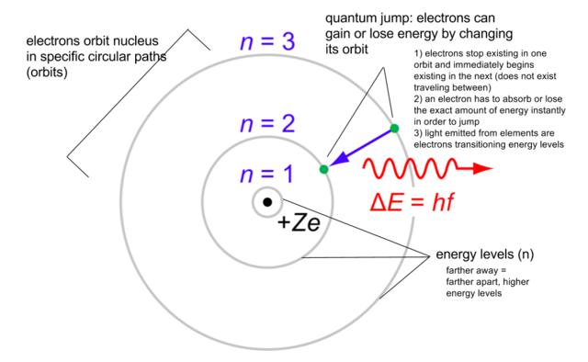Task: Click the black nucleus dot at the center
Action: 266,202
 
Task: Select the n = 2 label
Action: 265,125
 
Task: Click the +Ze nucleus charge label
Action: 294,223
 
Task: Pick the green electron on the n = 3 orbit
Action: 394,128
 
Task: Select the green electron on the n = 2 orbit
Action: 324,169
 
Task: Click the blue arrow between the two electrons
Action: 363,147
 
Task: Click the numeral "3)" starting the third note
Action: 420,133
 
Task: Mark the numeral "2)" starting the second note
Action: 420,97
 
